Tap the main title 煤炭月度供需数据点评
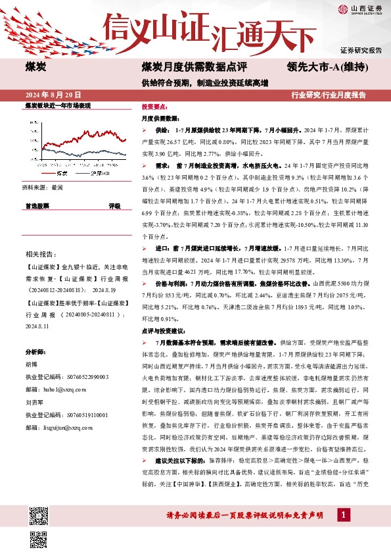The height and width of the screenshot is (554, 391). coord(194,66)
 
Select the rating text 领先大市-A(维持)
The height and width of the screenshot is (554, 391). coord(327,66)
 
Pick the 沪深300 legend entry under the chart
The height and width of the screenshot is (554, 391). coord(97,173)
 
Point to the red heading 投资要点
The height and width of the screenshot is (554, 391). coord(154,106)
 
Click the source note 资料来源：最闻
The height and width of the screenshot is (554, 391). coord(43,188)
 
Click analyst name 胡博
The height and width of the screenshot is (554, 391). coord(31,363)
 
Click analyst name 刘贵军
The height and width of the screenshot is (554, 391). coord(34,400)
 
